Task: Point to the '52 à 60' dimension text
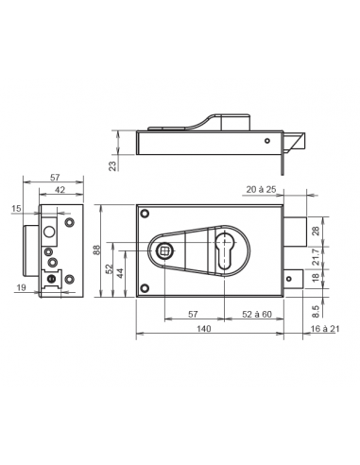tap(257, 313)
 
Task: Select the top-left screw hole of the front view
tap(145, 213)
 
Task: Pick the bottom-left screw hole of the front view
tap(145, 289)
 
